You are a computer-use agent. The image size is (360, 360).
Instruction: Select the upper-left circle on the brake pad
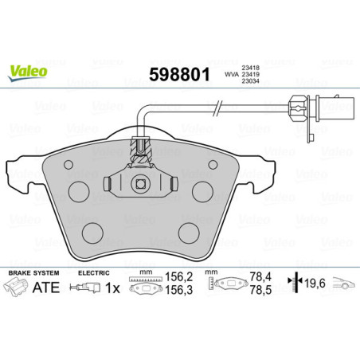pyautogui.click(x=79, y=192)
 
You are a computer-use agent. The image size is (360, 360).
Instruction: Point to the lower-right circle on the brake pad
pyautogui.click(x=189, y=232)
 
